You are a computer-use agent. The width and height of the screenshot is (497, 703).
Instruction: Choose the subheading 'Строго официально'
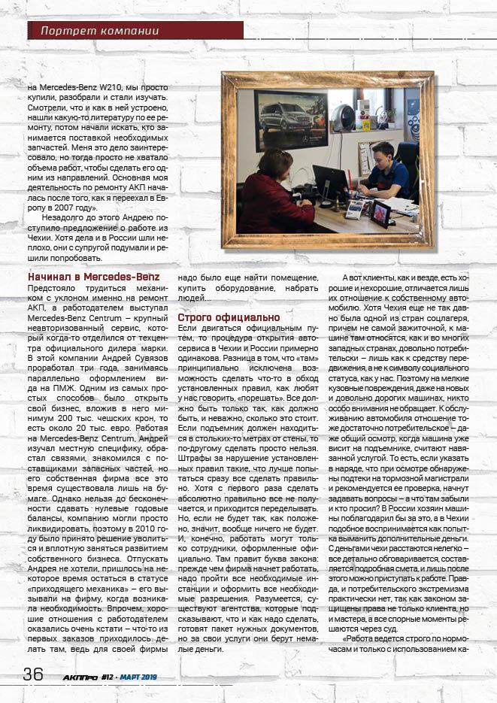[x=218, y=317]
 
